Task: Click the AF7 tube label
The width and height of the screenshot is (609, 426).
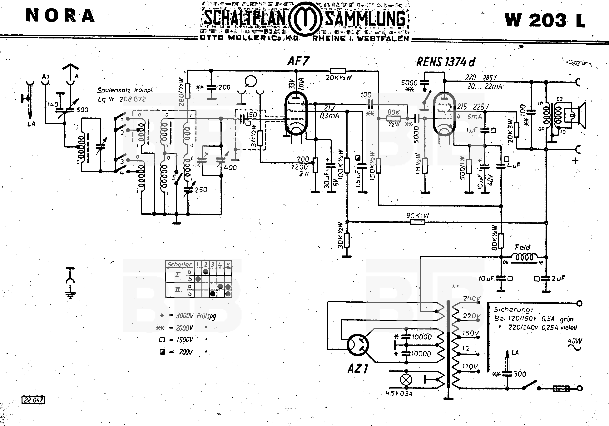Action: [x=298, y=61]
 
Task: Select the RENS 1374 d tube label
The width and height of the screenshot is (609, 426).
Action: [x=446, y=62]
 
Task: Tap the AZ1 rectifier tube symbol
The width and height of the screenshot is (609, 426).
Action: [x=358, y=345]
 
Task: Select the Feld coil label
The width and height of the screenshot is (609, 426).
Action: [x=522, y=247]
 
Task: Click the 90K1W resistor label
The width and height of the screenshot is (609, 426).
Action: [x=418, y=215]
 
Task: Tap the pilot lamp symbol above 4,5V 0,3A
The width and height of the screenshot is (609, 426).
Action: [x=406, y=380]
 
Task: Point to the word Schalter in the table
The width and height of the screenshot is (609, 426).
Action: [x=179, y=264]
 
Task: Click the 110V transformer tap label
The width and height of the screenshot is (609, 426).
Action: [x=470, y=366]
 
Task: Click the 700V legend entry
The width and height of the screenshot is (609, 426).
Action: [x=186, y=352]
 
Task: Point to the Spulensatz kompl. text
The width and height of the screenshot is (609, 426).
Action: [x=125, y=90]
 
